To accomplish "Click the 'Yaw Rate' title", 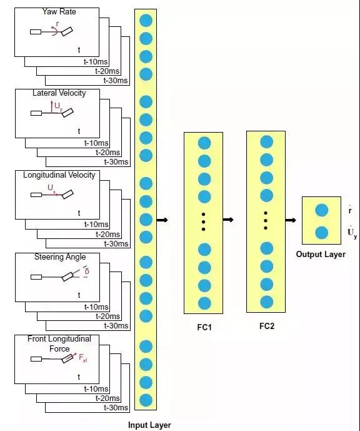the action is tap(59, 11).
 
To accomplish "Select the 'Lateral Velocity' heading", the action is tap(59, 93).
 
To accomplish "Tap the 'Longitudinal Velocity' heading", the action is tap(59, 175).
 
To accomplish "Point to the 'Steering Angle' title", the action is tap(60, 257).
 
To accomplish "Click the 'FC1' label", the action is tap(204, 327).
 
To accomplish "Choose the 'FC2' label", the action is tap(267, 326).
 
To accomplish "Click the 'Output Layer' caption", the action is tap(321, 254).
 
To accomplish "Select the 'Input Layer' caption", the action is tap(149, 425).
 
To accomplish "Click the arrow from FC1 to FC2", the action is tap(228, 220).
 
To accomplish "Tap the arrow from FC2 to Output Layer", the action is tap(291, 220).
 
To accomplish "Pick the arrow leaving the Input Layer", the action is tap(162, 220).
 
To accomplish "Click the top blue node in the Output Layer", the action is tap(321, 210).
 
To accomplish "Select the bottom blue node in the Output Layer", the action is tap(321, 233).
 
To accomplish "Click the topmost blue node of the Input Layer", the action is tap(146, 21).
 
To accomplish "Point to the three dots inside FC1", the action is tap(204, 221).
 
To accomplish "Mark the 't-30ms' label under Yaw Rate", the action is tap(116, 81).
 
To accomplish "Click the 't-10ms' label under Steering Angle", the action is tap(96, 307).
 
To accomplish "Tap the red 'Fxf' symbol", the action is tap(83, 358).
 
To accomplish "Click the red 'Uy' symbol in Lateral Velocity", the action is tap(59, 106).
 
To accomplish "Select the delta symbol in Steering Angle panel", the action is tap(87, 271).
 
